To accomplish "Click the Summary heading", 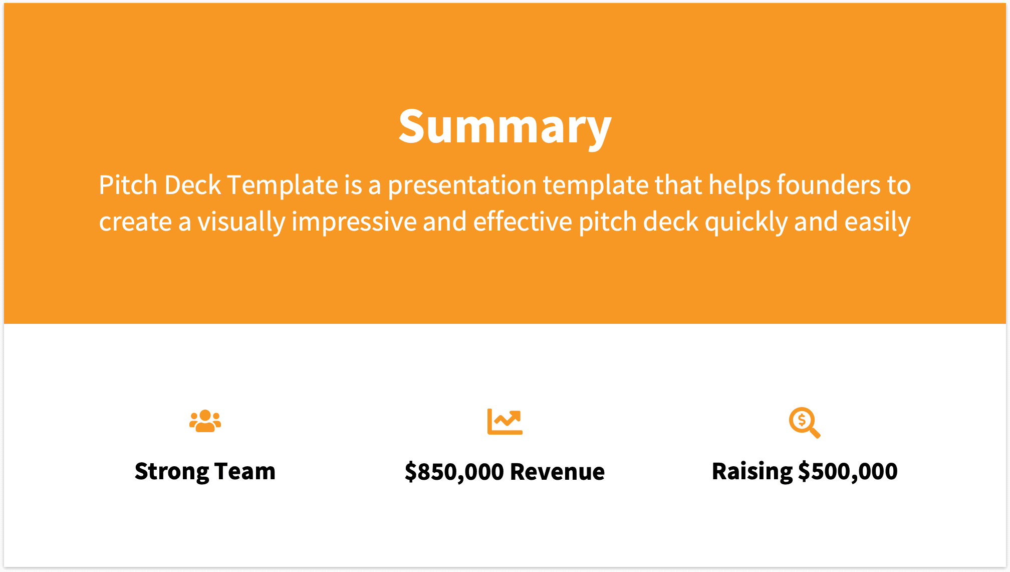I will tap(504, 126).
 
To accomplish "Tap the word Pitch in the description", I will tap(128, 185).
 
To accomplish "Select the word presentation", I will tap(462, 185).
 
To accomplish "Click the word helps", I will tap(739, 185).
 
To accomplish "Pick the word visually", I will tap(241, 222).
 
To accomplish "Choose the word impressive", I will tap(354, 222).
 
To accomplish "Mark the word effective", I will tap(523, 222).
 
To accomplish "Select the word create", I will tap(135, 222).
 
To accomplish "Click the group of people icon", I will tap(205, 421).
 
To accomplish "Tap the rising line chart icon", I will tap(504, 421).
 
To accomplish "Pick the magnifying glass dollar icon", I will tap(804, 422).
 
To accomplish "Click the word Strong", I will tap(171, 472).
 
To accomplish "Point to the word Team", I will tap(245, 472).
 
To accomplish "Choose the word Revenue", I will tap(557, 472).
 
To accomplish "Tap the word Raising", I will tap(751, 472).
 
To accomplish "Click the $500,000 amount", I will tap(848, 472).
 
